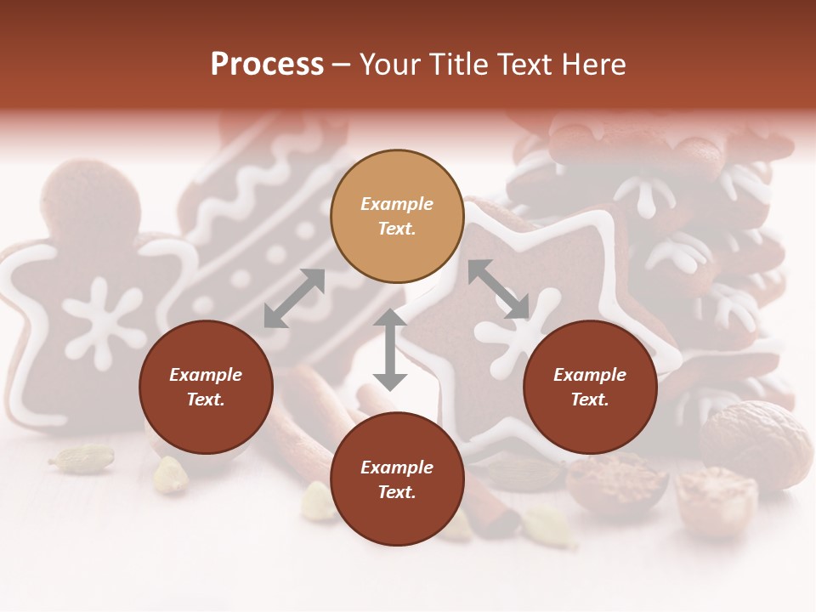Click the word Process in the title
[x=267, y=65]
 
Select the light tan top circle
[x=397, y=216]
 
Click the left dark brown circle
[x=206, y=387]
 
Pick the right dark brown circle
[x=590, y=387]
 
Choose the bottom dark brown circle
[x=397, y=479]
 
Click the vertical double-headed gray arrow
[x=390, y=349]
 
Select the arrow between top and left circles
[x=294, y=298]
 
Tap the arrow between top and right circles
[x=499, y=289]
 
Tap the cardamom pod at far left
[x=82, y=459]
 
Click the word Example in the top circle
[x=397, y=204]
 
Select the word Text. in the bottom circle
[x=397, y=492]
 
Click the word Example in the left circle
[x=206, y=375]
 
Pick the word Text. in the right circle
[x=590, y=399]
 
